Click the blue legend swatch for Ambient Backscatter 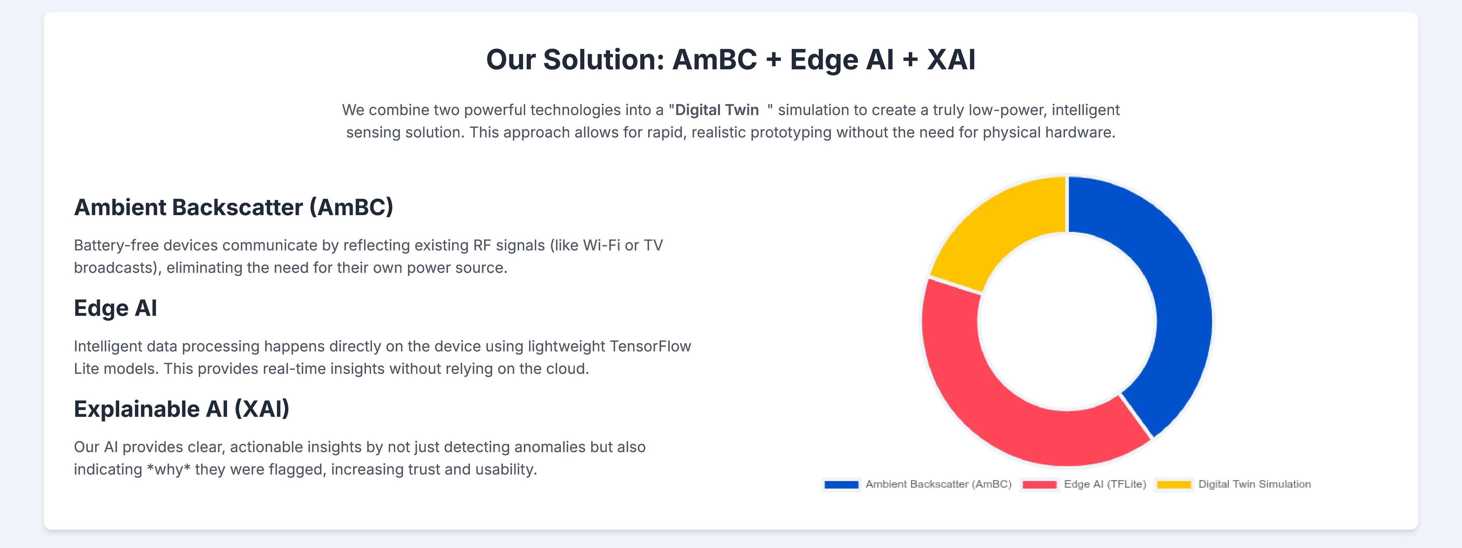841,484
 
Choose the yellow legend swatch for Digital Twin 1174,484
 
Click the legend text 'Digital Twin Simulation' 1254,484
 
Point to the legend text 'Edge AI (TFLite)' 1105,484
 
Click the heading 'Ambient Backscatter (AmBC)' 233,207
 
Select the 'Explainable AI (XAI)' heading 182,409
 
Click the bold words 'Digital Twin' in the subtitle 717,110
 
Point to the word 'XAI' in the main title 951,60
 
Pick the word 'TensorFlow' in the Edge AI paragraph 650,346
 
